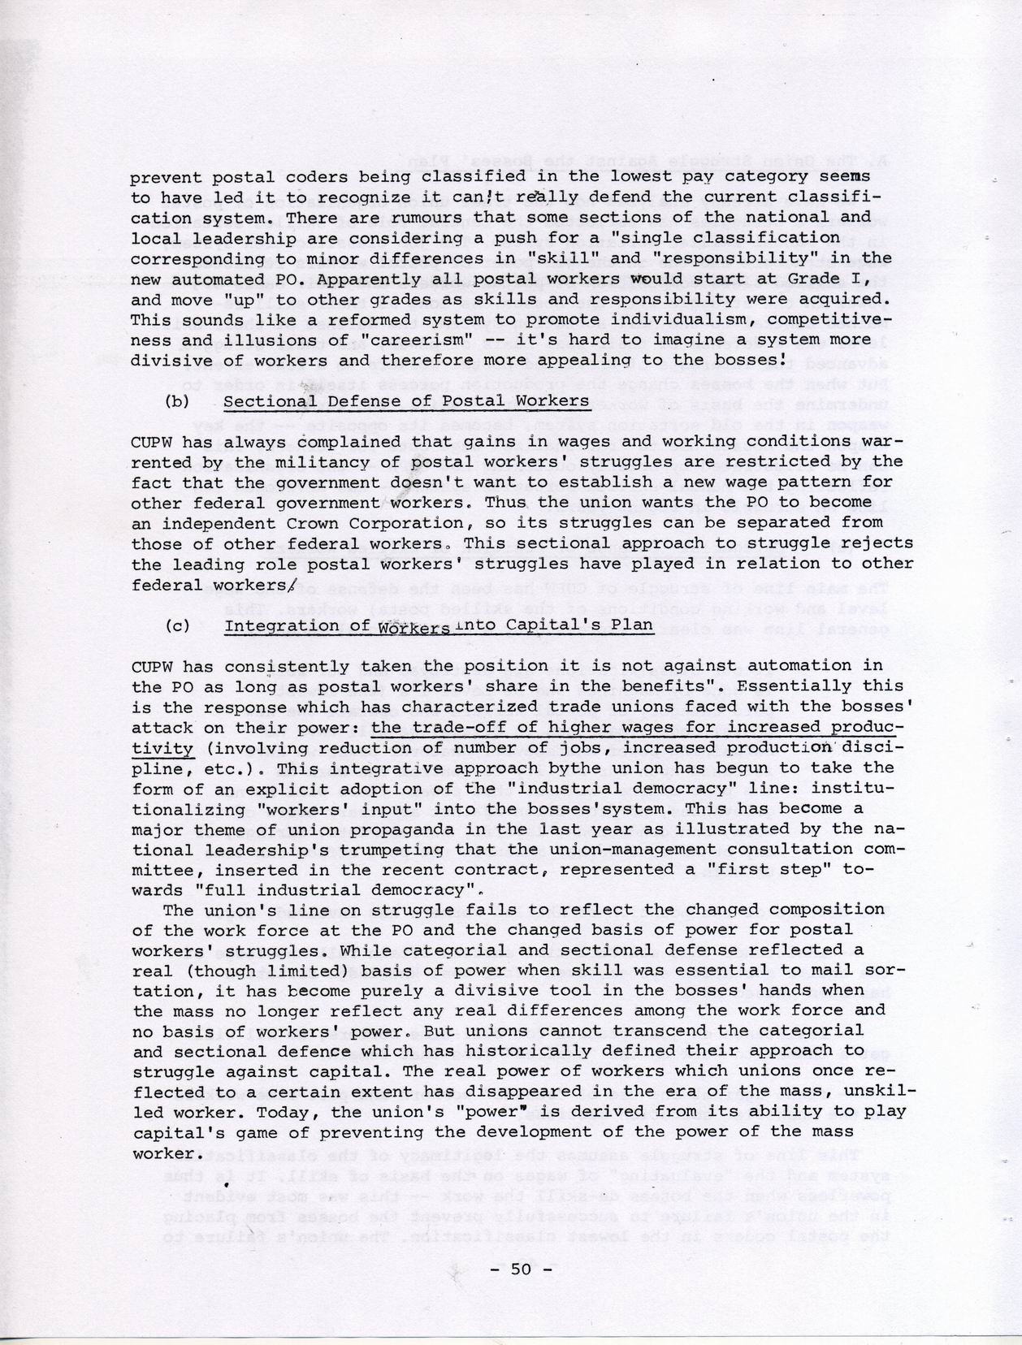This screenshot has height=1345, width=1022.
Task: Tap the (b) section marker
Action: pos(176,401)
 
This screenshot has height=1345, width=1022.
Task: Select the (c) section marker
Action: pos(176,625)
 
